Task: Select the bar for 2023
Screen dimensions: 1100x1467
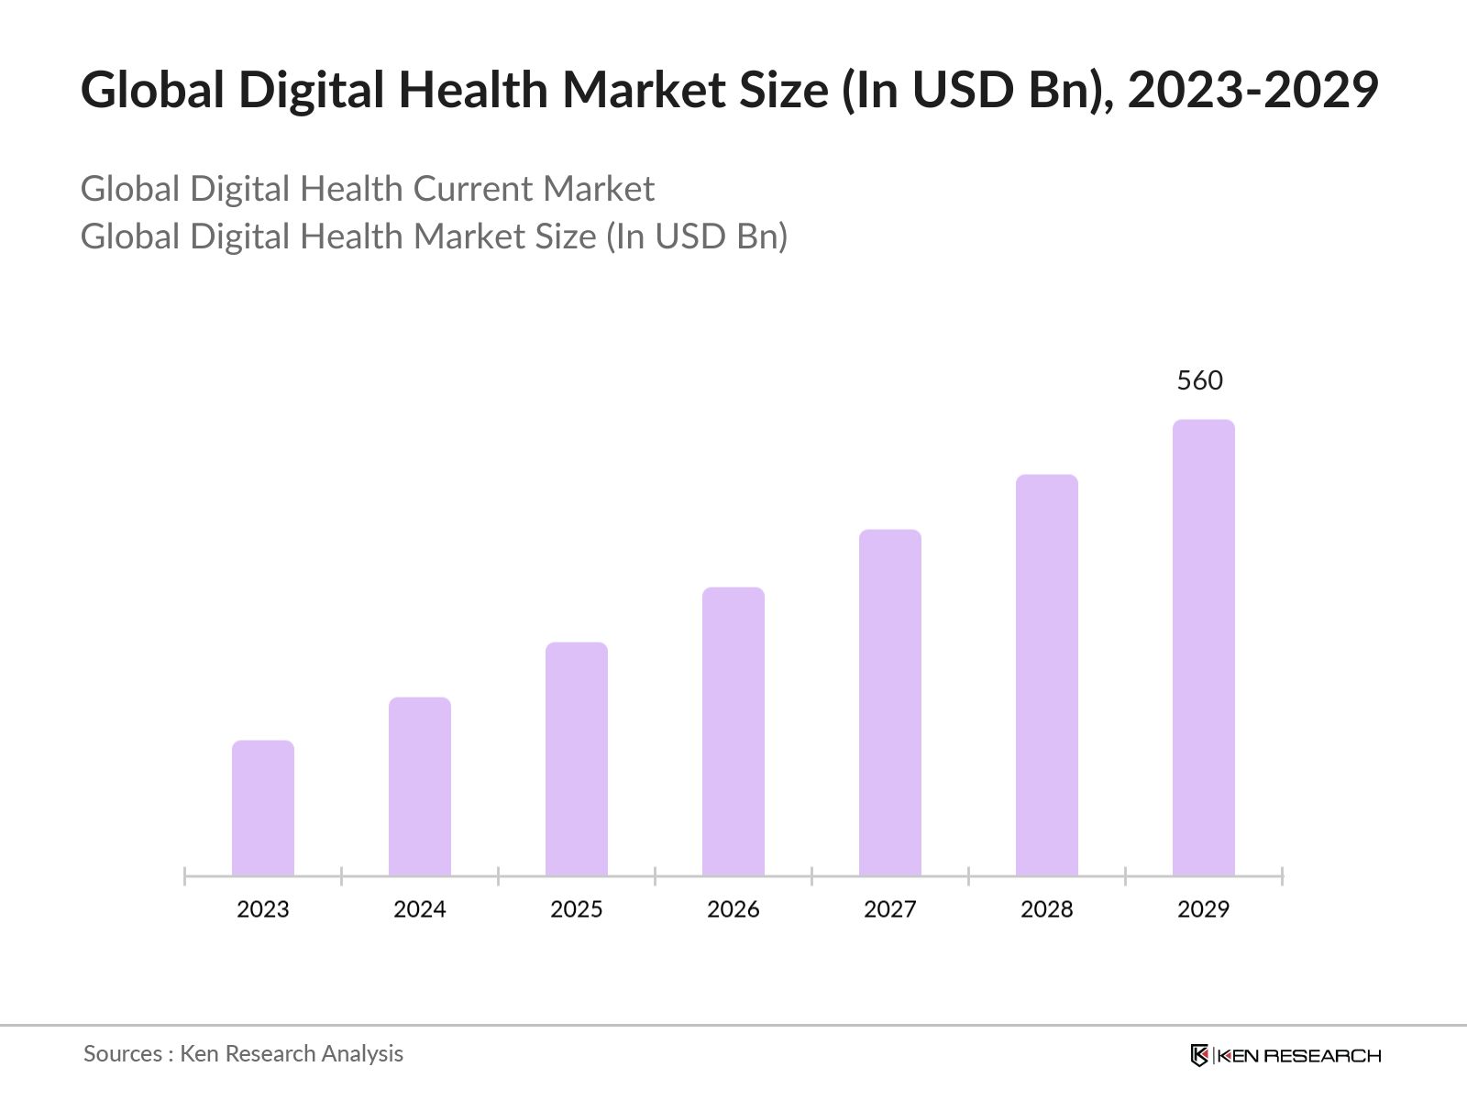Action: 263,808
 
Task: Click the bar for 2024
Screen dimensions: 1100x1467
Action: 420,786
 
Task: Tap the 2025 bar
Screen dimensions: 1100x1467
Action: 577,759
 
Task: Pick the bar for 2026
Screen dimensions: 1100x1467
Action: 733,731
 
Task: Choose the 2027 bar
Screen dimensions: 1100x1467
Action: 890,702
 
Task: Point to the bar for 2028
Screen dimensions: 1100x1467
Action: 1047,675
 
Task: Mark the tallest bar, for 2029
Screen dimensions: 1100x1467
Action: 1204,647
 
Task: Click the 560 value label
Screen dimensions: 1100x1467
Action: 1199,380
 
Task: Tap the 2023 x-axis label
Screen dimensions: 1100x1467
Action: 263,909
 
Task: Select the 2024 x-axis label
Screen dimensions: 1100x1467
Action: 420,909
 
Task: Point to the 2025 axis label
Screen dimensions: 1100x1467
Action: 577,909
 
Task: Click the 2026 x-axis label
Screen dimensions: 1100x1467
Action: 733,909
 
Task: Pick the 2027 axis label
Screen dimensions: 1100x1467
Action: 890,909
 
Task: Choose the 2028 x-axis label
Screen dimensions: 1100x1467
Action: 1047,909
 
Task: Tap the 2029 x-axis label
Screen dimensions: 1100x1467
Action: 1204,909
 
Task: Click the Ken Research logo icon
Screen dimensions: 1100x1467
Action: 1199,1055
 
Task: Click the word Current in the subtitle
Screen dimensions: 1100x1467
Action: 472,189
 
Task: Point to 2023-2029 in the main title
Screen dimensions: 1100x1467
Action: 1252,90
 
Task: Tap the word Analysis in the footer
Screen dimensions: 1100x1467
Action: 364,1054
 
